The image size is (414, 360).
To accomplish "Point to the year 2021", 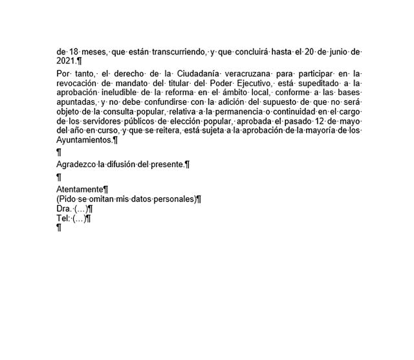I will pos(66,61).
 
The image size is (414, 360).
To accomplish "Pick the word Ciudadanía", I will pos(208,74).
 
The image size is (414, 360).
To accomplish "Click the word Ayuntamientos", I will pos(84,139).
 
